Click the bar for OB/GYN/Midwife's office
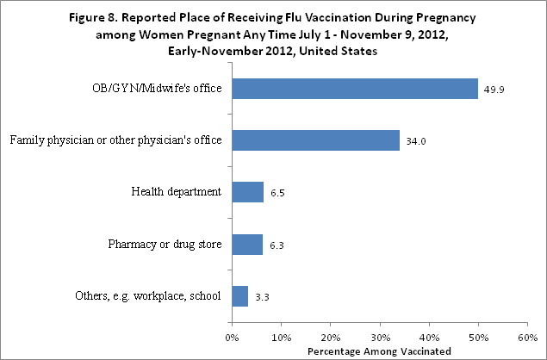pyautogui.click(x=354, y=88)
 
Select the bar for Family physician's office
pyautogui.click(x=315, y=140)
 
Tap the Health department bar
pyautogui.click(x=247, y=192)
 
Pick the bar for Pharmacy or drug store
pyautogui.click(x=247, y=245)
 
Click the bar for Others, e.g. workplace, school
pyautogui.click(x=239, y=297)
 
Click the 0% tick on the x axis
pyautogui.click(x=232, y=336)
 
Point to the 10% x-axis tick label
pyautogui.click(x=280, y=336)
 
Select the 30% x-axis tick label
pyautogui.click(x=379, y=336)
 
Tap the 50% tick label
pyautogui.click(x=477, y=336)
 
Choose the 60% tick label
pyautogui.click(x=526, y=336)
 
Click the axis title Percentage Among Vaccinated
pyautogui.click(x=379, y=351)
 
